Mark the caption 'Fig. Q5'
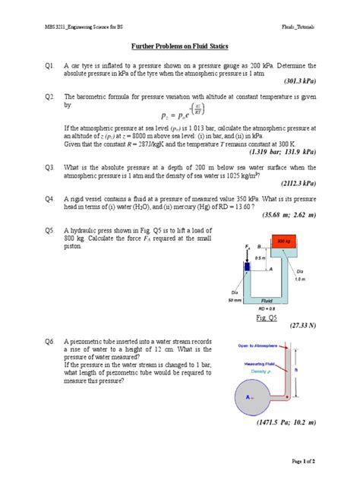coord(267,317)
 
